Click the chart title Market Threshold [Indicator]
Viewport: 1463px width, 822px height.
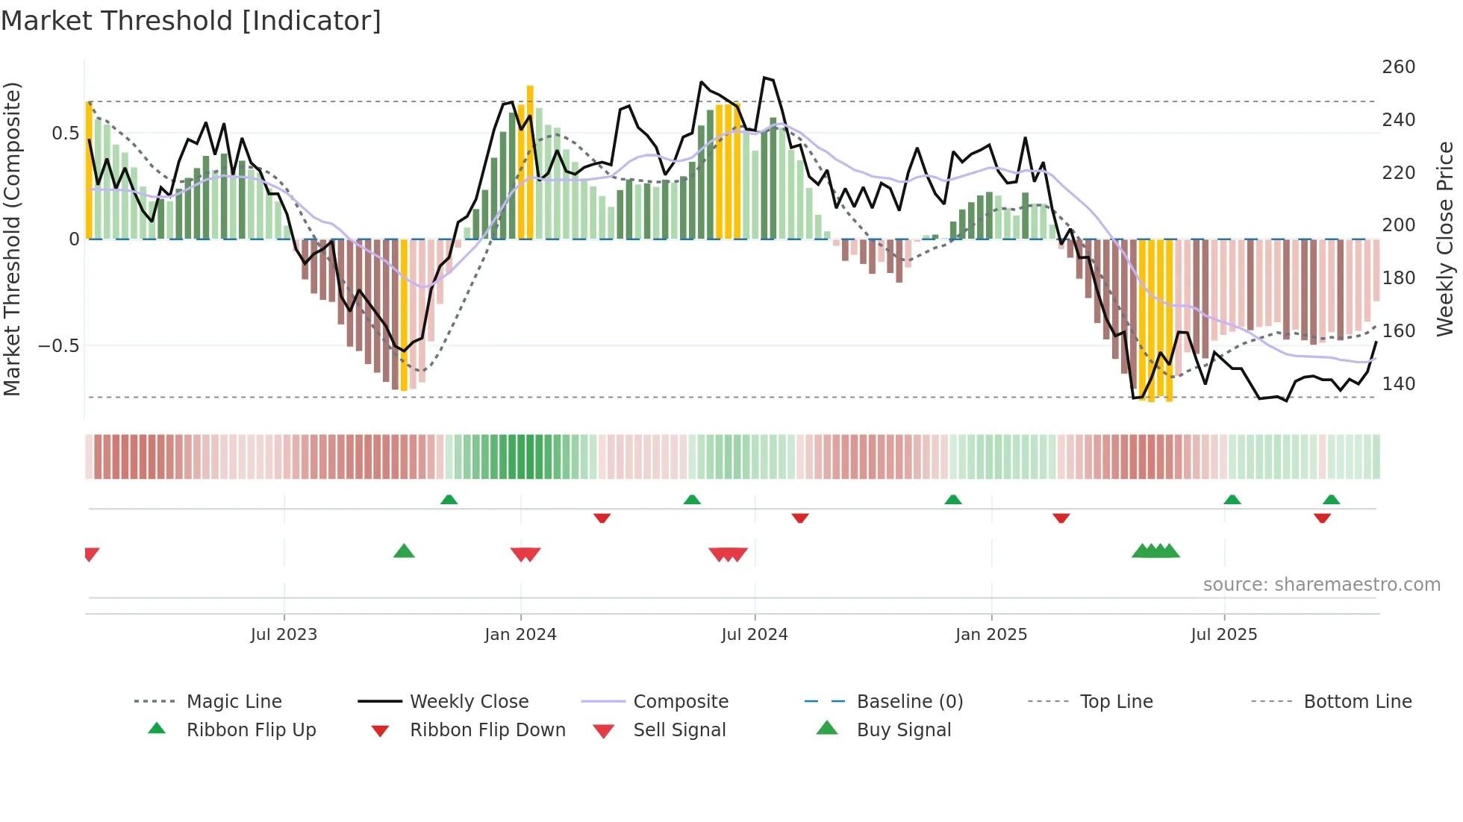point(191,21)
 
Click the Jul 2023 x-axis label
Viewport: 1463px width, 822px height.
point(284,635)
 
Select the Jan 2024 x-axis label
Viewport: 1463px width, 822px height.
point(520,635)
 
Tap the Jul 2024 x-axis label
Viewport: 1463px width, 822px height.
point(755,635)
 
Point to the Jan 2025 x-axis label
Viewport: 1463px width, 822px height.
point(991,635)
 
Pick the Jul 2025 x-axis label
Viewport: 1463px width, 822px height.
point(1224,635)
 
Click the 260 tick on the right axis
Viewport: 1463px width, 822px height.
point(1398,67)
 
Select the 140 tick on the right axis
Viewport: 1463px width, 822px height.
point(1398,384)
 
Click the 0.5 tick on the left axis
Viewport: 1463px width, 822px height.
point(65,134)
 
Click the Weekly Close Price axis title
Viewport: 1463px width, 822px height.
point(1445,239)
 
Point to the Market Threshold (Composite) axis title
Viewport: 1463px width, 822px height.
point(12,239)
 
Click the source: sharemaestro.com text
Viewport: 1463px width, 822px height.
point(1321,585)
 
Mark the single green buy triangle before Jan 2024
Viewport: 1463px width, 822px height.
point(404,551)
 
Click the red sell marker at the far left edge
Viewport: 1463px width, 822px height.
point(91,554)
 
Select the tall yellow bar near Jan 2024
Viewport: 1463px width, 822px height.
point(530,160)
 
